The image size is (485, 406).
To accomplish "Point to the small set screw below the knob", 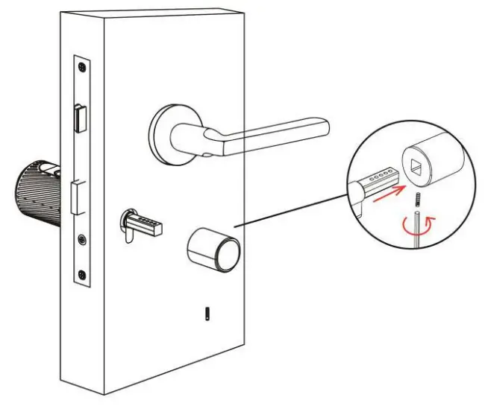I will (207, 314).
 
